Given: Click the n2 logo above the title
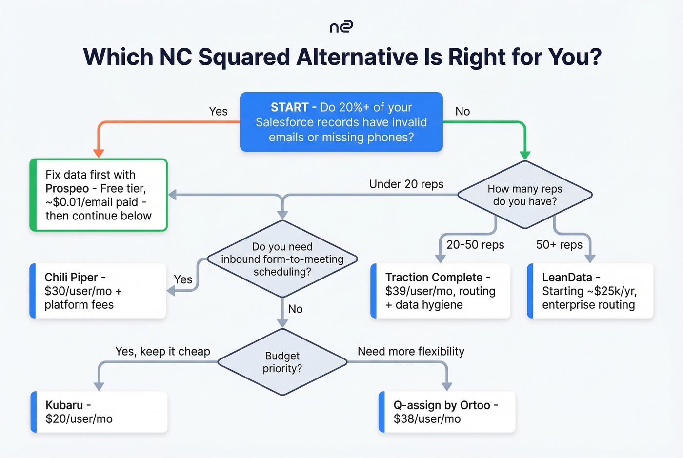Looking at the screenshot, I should click(x=341, y=27).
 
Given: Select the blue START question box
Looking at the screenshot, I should click(x=341, y=122).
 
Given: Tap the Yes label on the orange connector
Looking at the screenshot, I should click(x=218, y=111).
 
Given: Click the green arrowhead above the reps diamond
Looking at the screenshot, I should click(x=525, y=155).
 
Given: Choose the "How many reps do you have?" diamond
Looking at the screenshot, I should click(x=525, y=195).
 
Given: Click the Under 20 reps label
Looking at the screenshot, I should click(x=406, y=184).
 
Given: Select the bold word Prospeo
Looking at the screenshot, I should click(x=67, y=189).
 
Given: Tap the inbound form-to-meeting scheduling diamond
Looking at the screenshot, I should click(x=282, y=259).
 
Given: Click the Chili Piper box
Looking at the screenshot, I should click(x=98, y=291).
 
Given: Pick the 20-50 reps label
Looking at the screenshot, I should click(x=475, y=245).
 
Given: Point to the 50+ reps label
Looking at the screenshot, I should click(x=559, y=245).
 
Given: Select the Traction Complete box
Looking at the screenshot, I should click(x=441, y=291).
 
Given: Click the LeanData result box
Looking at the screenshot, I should click(x=590, y=291).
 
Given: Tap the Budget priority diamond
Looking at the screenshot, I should click(x=282, y=362).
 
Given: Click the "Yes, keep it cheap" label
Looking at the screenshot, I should click(x=162, y=351).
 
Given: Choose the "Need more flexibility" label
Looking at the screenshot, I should click(x=411, y=351).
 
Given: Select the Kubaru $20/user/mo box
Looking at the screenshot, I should click(x=99, y=412).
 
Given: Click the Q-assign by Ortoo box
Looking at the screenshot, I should click(x=447, y=412).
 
